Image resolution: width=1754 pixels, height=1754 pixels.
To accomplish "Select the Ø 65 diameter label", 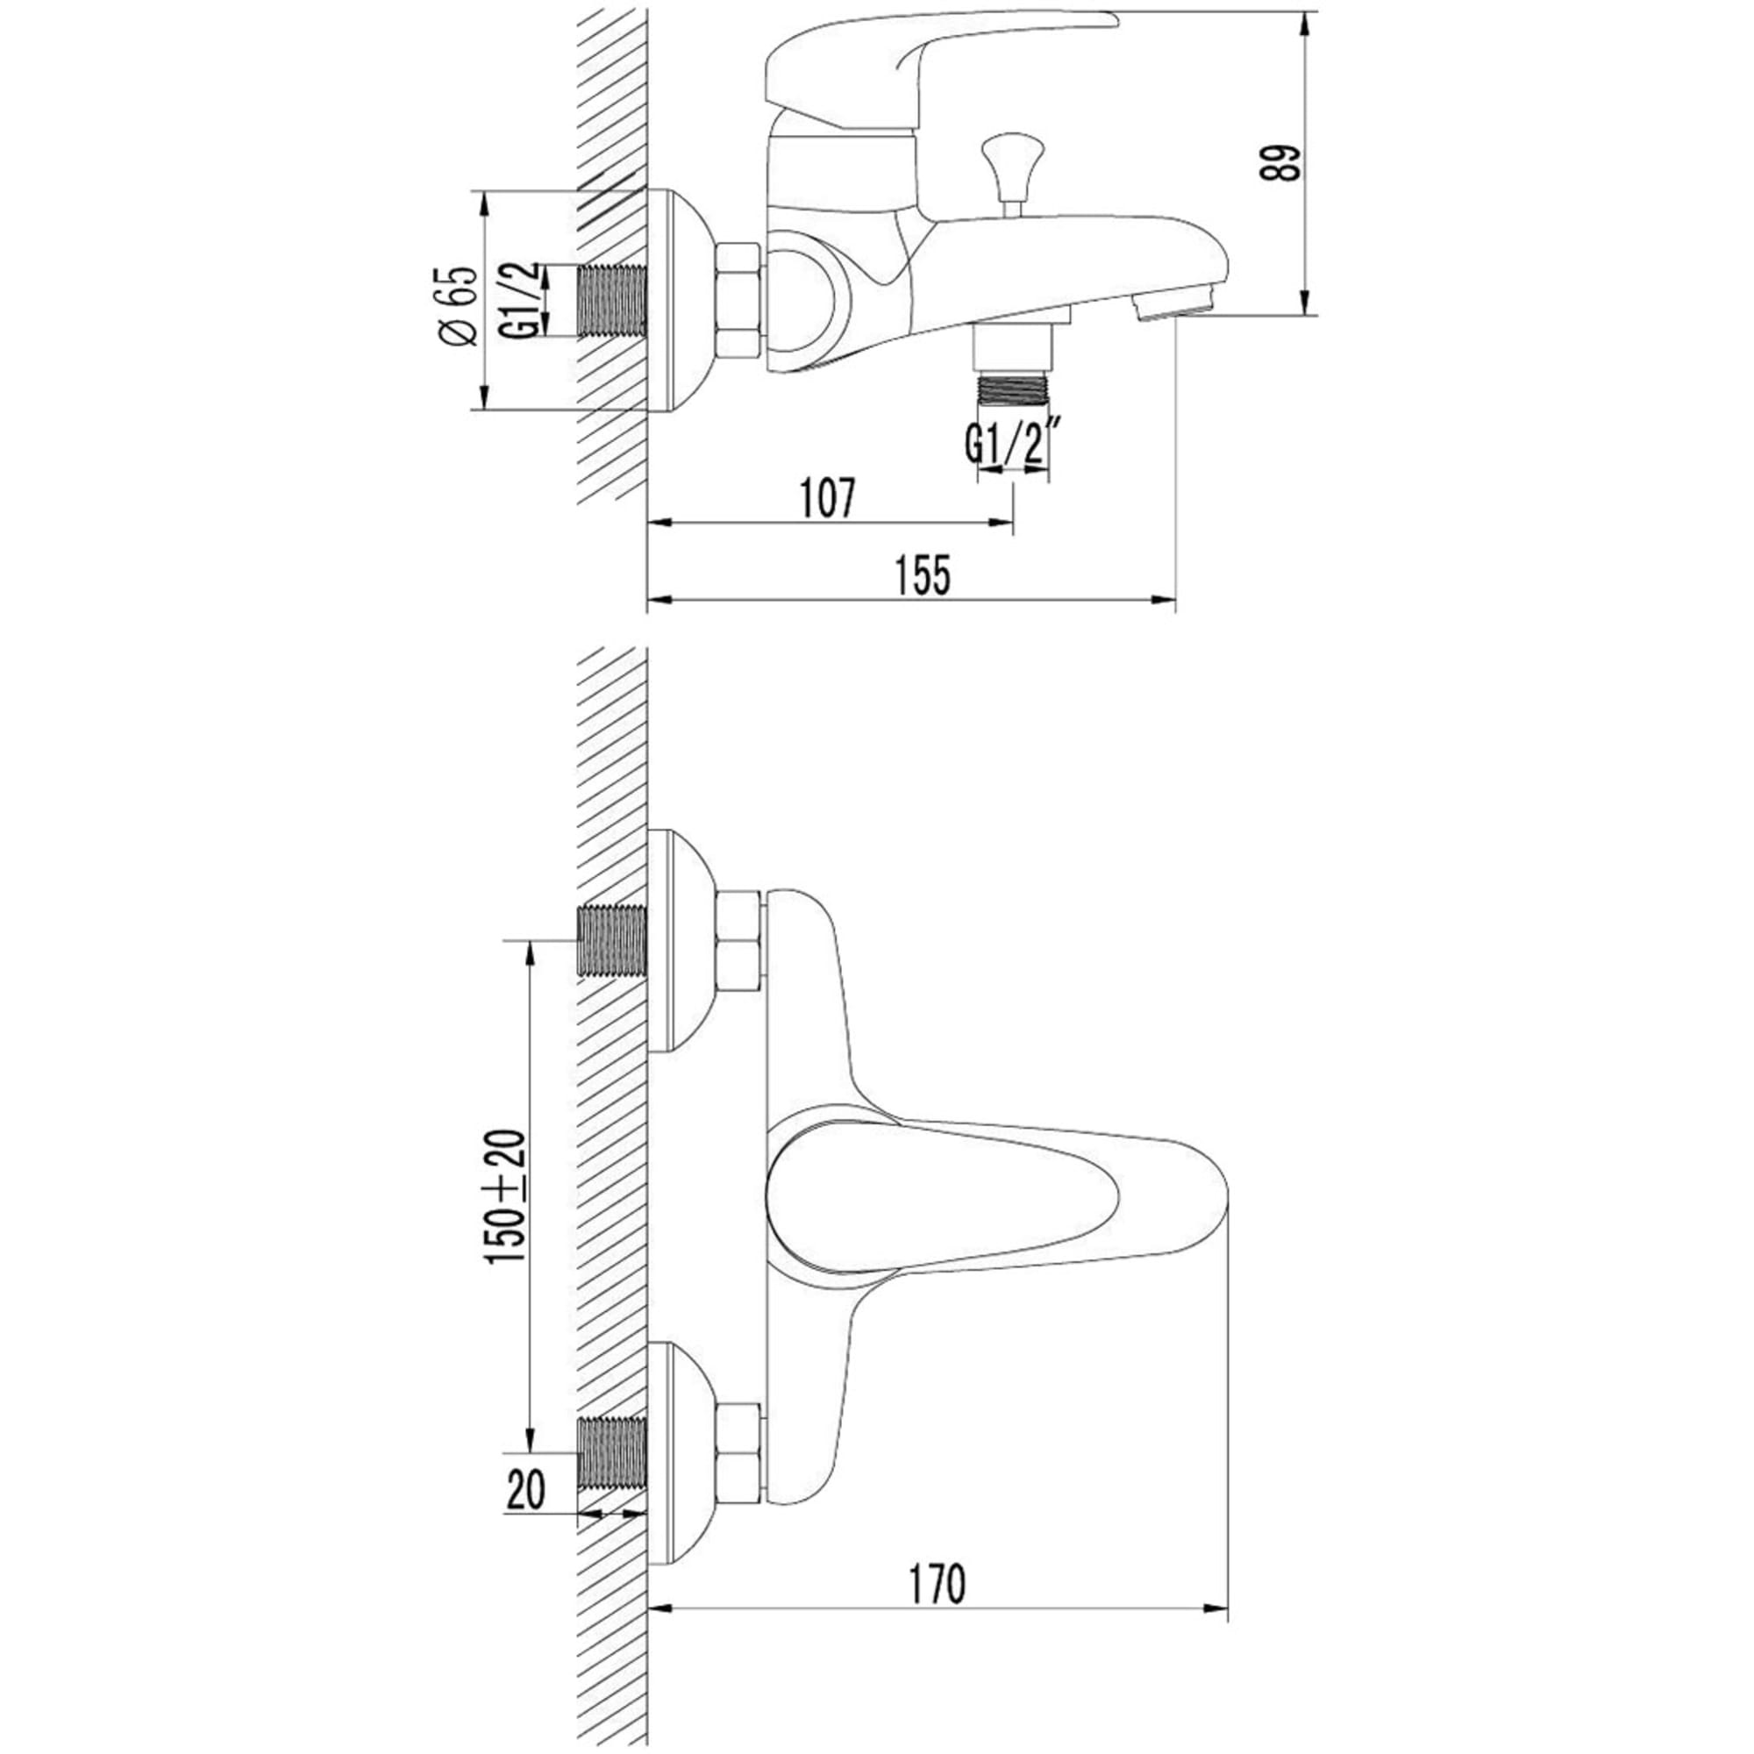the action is pyautogui.click(x=459, y=306).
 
